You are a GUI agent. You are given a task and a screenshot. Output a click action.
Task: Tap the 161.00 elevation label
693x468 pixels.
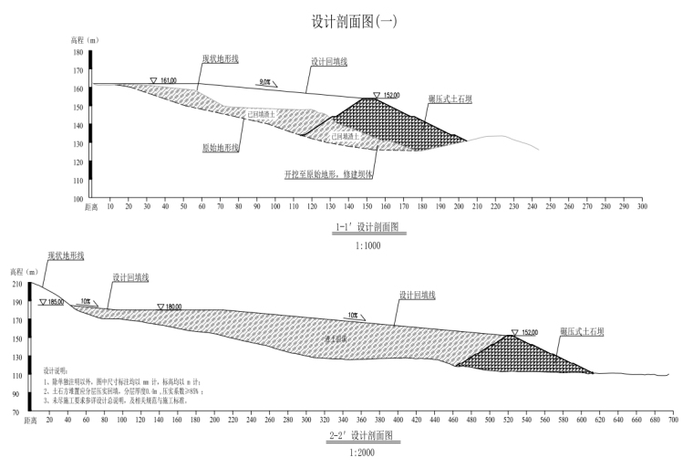point(168,80)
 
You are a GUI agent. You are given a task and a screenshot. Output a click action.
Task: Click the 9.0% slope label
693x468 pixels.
point(265,82)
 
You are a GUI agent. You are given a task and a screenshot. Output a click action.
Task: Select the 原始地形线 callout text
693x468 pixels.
point(220,146)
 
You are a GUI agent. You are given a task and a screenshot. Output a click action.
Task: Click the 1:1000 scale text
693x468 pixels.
point(367,245)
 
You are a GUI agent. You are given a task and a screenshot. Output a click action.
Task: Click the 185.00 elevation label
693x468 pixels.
point(56,302)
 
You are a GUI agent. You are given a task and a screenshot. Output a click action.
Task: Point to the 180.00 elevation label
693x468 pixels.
point(172,307)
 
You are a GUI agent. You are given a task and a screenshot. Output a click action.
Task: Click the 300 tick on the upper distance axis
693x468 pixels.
point(642,207)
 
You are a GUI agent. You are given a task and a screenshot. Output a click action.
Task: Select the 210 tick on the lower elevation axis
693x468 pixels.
point(17,285)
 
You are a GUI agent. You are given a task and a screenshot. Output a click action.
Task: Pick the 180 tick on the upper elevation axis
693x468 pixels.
point(78,53)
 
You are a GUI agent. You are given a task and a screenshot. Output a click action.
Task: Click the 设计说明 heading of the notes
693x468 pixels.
point(56,371)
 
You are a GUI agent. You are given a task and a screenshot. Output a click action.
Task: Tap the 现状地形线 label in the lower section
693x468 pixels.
point(67,256)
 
